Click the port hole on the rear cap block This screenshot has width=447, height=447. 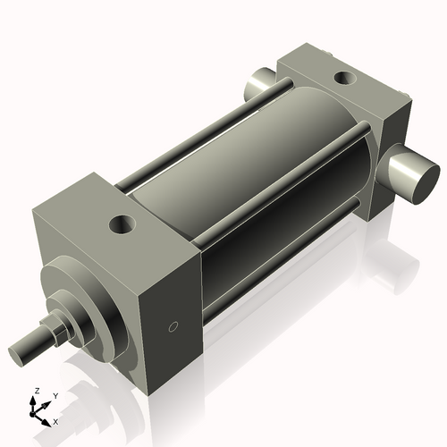click(x=345, y=78)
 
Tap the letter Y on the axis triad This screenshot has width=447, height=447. click(x=55, y=395)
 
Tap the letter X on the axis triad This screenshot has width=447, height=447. click(x=56, y=420)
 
